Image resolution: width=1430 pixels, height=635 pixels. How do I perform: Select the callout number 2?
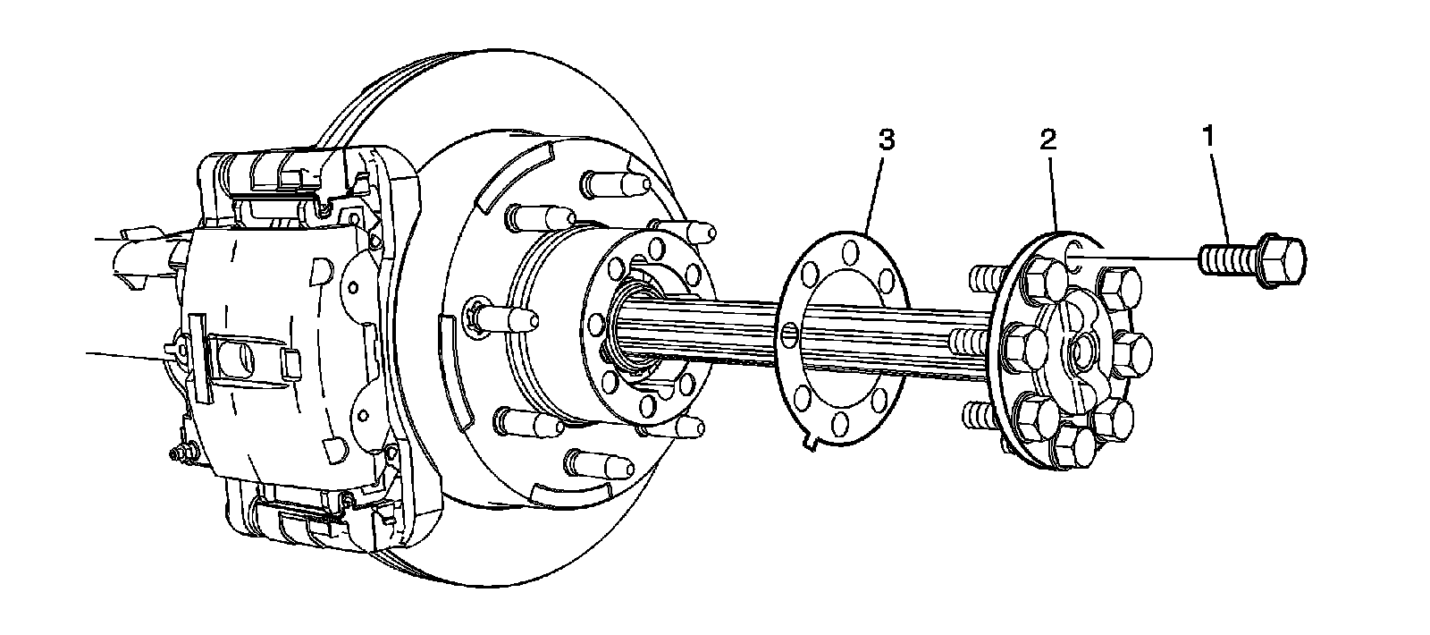point(1047,139)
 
